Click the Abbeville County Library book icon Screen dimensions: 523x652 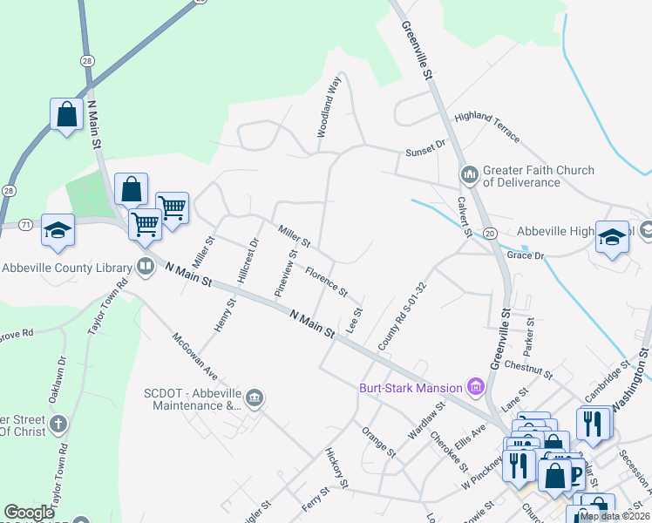(146, 266)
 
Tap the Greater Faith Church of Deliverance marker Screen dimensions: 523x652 (471, 176)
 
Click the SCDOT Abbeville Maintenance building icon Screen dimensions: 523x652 (254, 398)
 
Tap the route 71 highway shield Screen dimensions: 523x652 (26, 225)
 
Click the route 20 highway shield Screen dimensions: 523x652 (490, 233)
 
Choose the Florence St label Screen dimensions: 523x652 (326, 280)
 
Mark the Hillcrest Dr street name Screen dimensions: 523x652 (247, 261)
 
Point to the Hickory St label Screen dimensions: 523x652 (336, 468)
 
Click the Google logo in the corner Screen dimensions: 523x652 (29, 513)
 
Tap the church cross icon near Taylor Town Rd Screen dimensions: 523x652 (58, 425)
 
